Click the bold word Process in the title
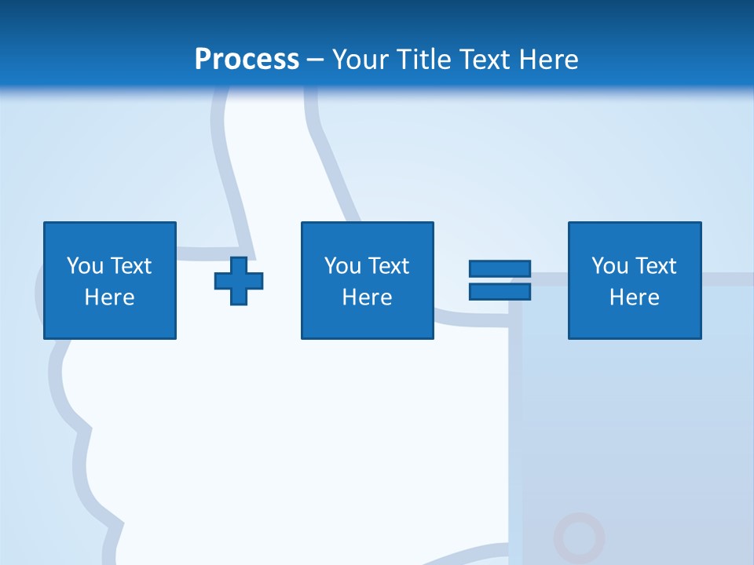coord(247,60)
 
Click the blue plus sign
coord(239,281)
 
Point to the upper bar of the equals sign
coord(500,269)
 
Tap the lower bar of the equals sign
coord(500,291)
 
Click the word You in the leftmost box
coord(85,266)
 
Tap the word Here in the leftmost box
coord(110,297)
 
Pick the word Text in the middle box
coord(388,266)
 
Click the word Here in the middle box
coord(367,297)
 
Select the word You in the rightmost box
coord(609,266)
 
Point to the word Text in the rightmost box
coord(655,266)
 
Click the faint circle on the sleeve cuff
coord(579,538)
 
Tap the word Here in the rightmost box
coord(634,297)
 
